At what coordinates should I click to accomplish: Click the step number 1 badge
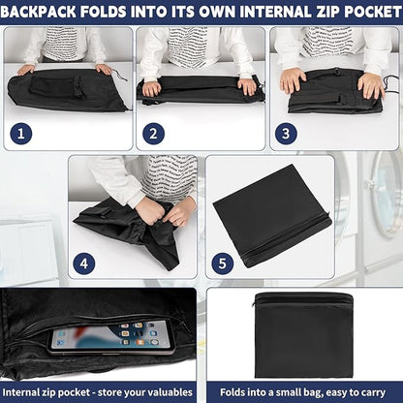21,134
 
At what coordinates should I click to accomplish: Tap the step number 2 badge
153,134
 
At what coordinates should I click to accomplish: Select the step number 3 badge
286,134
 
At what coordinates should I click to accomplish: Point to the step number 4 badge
84,263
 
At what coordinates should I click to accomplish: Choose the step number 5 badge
223,263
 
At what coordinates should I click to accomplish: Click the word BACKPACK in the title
39,13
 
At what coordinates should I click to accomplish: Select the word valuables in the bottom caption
168,392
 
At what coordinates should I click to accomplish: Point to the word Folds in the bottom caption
232,392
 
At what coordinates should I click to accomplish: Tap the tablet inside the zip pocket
111,336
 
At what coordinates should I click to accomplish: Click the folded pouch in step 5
271,216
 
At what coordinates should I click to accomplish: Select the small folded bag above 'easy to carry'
303,334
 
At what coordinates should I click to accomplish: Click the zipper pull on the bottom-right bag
255,305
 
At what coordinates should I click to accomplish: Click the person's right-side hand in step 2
247,86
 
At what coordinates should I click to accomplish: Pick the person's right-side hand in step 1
104,69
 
